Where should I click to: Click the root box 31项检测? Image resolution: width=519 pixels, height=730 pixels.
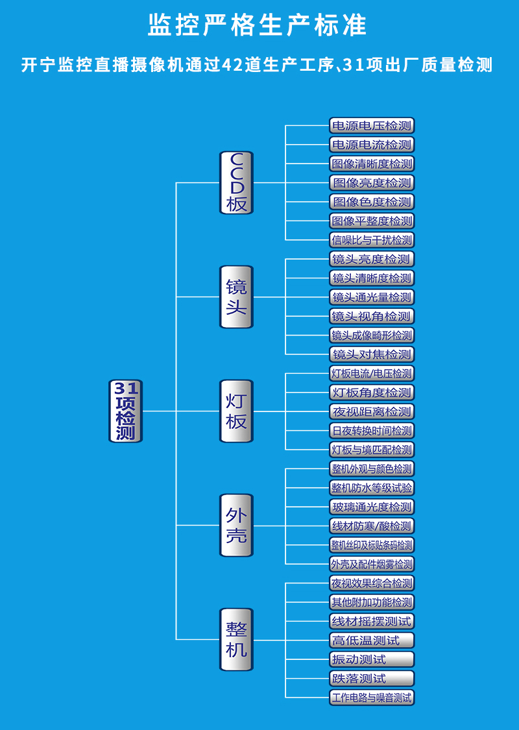[x=125, y=411]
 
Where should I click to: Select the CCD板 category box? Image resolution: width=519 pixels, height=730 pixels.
[x=236, y=182]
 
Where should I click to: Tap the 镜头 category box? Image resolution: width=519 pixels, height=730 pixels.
[x=236, y=297]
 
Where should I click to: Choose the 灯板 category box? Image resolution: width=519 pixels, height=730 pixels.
[x=236, y=411]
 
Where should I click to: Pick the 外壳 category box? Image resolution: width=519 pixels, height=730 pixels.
[x=236, y=525]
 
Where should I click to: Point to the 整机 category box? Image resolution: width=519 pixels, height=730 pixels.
[x=236, y=639]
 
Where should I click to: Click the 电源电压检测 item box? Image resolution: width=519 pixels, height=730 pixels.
[x=372, y=126]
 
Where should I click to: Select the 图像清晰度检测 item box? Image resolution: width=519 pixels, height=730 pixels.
[x=372, y=164]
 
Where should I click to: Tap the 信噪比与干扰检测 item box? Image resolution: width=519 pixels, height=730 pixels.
[x=372, y=240]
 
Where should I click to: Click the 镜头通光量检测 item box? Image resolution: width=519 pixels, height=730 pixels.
[x=372, y=297]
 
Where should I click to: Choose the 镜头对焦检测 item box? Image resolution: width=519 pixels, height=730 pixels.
[x=372, y=354]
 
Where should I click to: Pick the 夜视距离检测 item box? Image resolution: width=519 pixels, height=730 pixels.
[x=372, y=411]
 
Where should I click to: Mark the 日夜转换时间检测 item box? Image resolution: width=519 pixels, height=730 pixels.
[x=372, y=430]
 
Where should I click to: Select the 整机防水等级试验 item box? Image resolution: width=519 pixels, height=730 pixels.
[x=372, y=487]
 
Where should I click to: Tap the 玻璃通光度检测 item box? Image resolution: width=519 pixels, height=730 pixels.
[x=372, y=507]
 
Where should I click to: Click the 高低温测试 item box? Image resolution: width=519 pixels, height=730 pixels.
[x=372, y=640]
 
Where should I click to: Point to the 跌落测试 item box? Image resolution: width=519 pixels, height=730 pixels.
[x=372, y=678]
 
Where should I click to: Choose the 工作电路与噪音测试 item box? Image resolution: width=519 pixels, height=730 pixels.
[x=372, y=698]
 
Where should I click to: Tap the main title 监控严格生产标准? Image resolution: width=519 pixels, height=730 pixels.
[x=258, y=26]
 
